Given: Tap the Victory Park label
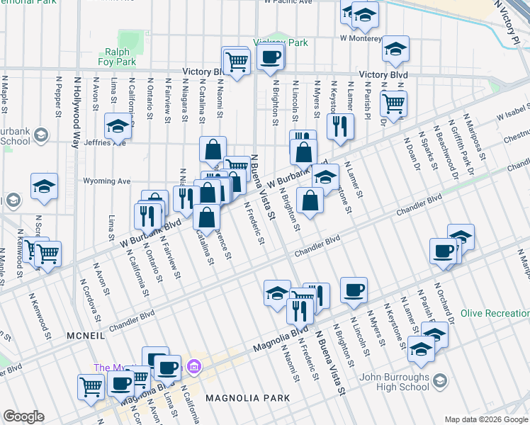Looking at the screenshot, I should coord(285,42).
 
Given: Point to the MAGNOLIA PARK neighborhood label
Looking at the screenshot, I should coord(247,399).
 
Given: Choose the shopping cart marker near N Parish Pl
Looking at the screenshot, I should coord(393,103).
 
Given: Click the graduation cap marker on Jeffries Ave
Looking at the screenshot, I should coord(118,127).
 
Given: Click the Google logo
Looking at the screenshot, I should coord(23,416).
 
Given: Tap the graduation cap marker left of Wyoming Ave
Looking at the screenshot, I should coord(44,186).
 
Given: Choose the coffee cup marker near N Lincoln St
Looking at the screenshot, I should coord(354,289).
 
